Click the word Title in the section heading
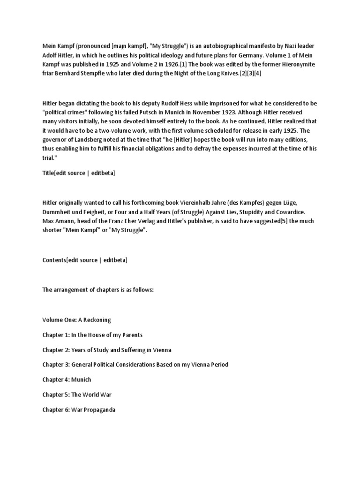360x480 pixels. [48, 173]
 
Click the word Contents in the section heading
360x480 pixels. [54, 260]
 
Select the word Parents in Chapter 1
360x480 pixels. [130, 335]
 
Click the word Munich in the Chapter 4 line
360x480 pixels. [82, 380]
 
